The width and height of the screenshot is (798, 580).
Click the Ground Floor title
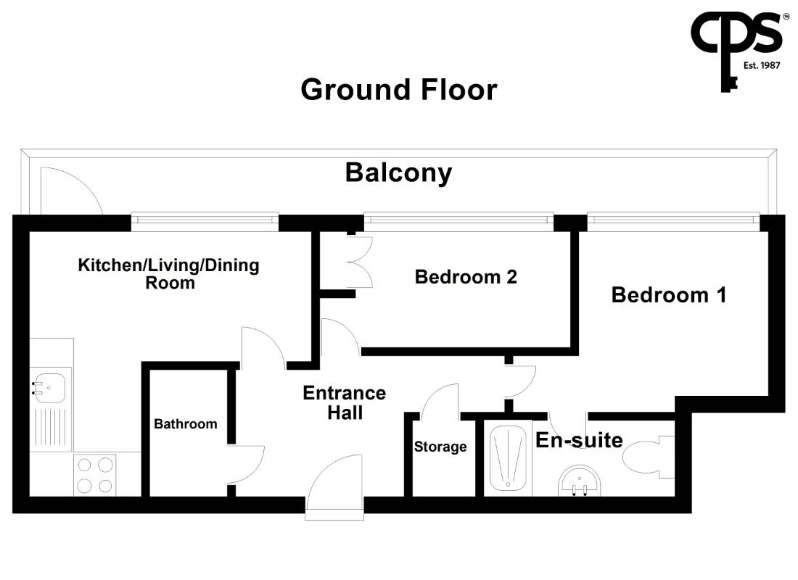tap(398, 90)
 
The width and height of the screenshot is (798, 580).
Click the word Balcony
tap(398, 173)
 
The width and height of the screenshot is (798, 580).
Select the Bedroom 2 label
tap(466, 277)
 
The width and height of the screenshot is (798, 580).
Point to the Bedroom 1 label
tap(669, 295)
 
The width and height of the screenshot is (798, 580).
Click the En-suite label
tap(579, 440)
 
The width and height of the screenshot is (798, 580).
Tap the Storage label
tap(440, 447)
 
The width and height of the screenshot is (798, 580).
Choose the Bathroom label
tap(185, 424)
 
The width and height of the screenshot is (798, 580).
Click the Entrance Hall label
tap(345, 402)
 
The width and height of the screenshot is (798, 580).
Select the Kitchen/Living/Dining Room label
tap(168, 274)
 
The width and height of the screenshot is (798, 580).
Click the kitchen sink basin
tap(49, 388)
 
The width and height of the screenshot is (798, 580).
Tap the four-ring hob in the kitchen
tap(94, 475)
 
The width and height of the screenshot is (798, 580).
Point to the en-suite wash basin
tap(579, 481)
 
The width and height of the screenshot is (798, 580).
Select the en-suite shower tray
tap(507, 458)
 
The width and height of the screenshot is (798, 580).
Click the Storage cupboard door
tap(440, 402)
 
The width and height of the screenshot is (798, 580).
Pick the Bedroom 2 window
tap(458, 220)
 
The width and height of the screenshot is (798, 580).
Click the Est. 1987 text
tap(761, 65)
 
